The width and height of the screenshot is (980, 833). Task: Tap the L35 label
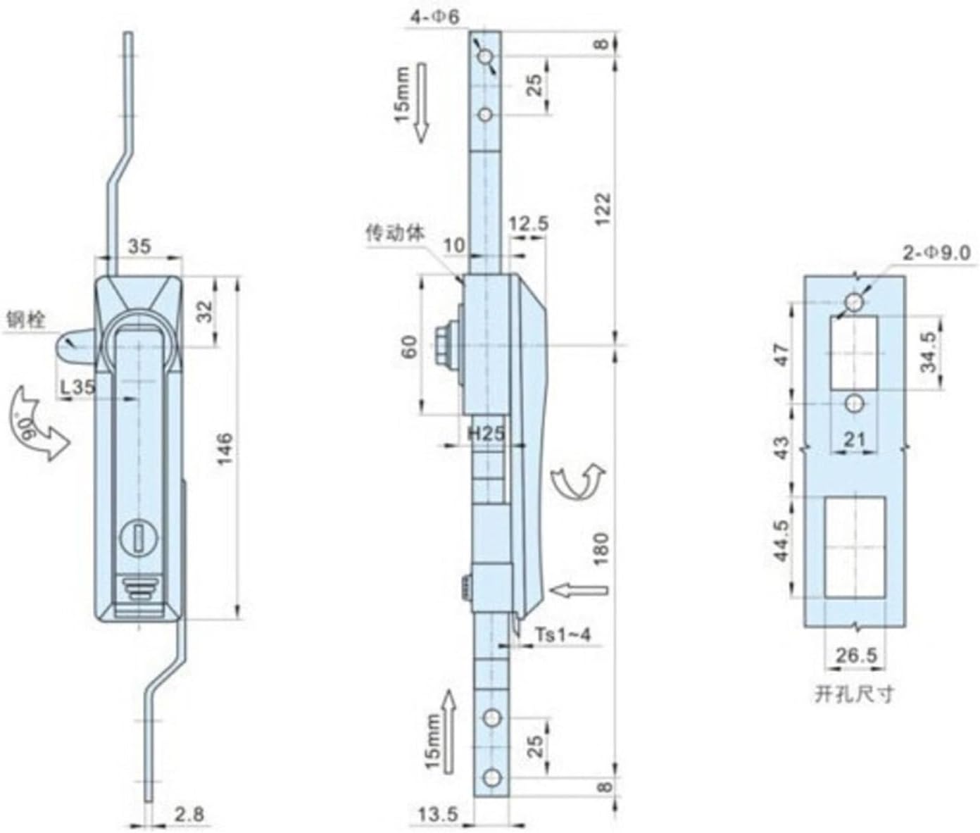click(x=77, y=386)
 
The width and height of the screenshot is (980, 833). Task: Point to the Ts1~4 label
click(x=563, y=634)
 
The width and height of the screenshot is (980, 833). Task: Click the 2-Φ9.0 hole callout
click(x=937, y=252)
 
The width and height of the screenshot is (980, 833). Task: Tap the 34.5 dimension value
click(x=929, y=353)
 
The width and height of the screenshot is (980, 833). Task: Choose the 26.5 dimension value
click(x=855, y=656)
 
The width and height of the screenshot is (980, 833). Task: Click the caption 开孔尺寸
click(x=854, y=694)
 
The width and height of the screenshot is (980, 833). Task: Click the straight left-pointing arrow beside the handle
click(x=577, y=589)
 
